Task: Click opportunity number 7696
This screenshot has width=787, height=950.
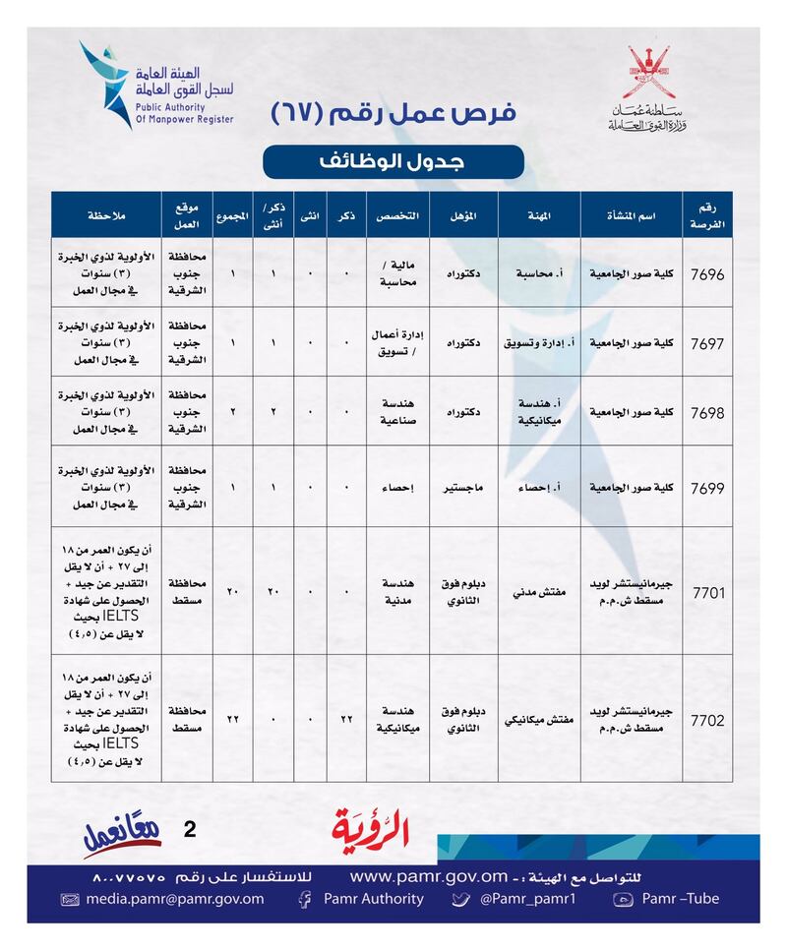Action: pyautogui.click(x=708, y=274)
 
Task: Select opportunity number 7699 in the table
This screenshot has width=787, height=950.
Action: pyautogui.click(x=708, y=488)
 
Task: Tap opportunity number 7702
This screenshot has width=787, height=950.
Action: pyautogui.click(x=708, y=721)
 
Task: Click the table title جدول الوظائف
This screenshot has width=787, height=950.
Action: pyautogui.click(x=393, y=161)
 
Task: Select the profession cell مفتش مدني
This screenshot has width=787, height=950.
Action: pyautogui.click(x=539, y=594)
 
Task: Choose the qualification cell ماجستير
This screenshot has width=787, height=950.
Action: pyautogui.click(x=463, y=488)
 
